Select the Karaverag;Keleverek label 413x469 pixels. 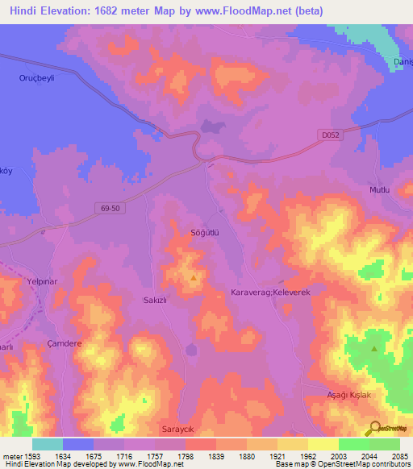(x=270, y=291)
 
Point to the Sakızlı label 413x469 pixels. (x=154, y=298)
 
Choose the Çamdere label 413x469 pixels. (x=65, y=343)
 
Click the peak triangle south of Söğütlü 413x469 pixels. (x=194, y=278)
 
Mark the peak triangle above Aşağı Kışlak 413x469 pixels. (x=374, y=348)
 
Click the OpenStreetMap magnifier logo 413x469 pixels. (x=373, y=429)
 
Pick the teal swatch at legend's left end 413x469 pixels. (x=47, y=444)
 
